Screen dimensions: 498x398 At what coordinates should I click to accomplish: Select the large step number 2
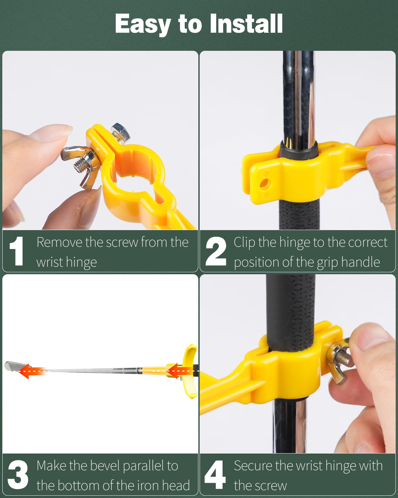(x=216, y=251)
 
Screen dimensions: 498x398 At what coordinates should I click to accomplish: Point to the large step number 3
(x=18, y=475)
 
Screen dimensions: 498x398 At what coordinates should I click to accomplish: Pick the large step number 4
(x=215, y=475)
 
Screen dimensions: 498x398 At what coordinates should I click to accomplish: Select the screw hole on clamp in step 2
(x=264, y=183)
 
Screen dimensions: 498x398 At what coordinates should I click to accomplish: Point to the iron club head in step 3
(x=12, y=366)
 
